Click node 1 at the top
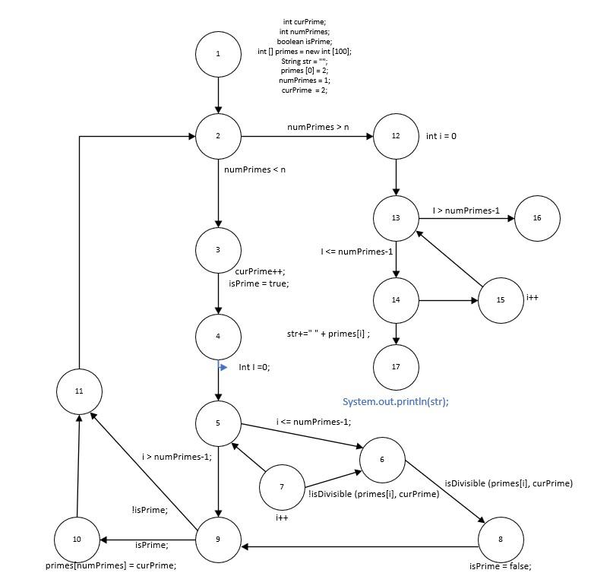(x=218, y=53)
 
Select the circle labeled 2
(x=218, y=137)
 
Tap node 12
(x=396, y=137)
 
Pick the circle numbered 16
(x=537, y=218)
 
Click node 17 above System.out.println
(x=396, y=366)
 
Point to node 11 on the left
(x=79, y=391)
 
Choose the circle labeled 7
(x=282, y=487)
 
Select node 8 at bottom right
(x=501, y=540)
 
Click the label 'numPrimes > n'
(x=318, y=127)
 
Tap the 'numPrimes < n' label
(x=254, y=169)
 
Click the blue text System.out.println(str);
(x=395, y=401)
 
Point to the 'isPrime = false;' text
(x=500, y=566)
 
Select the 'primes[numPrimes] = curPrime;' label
(x=111, y=565)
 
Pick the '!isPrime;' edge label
(x=149, y=510)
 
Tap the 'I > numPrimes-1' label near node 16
(x=466, y=210)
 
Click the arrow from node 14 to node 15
(x=448, y=301)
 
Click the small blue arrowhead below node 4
(x=223, y=367)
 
